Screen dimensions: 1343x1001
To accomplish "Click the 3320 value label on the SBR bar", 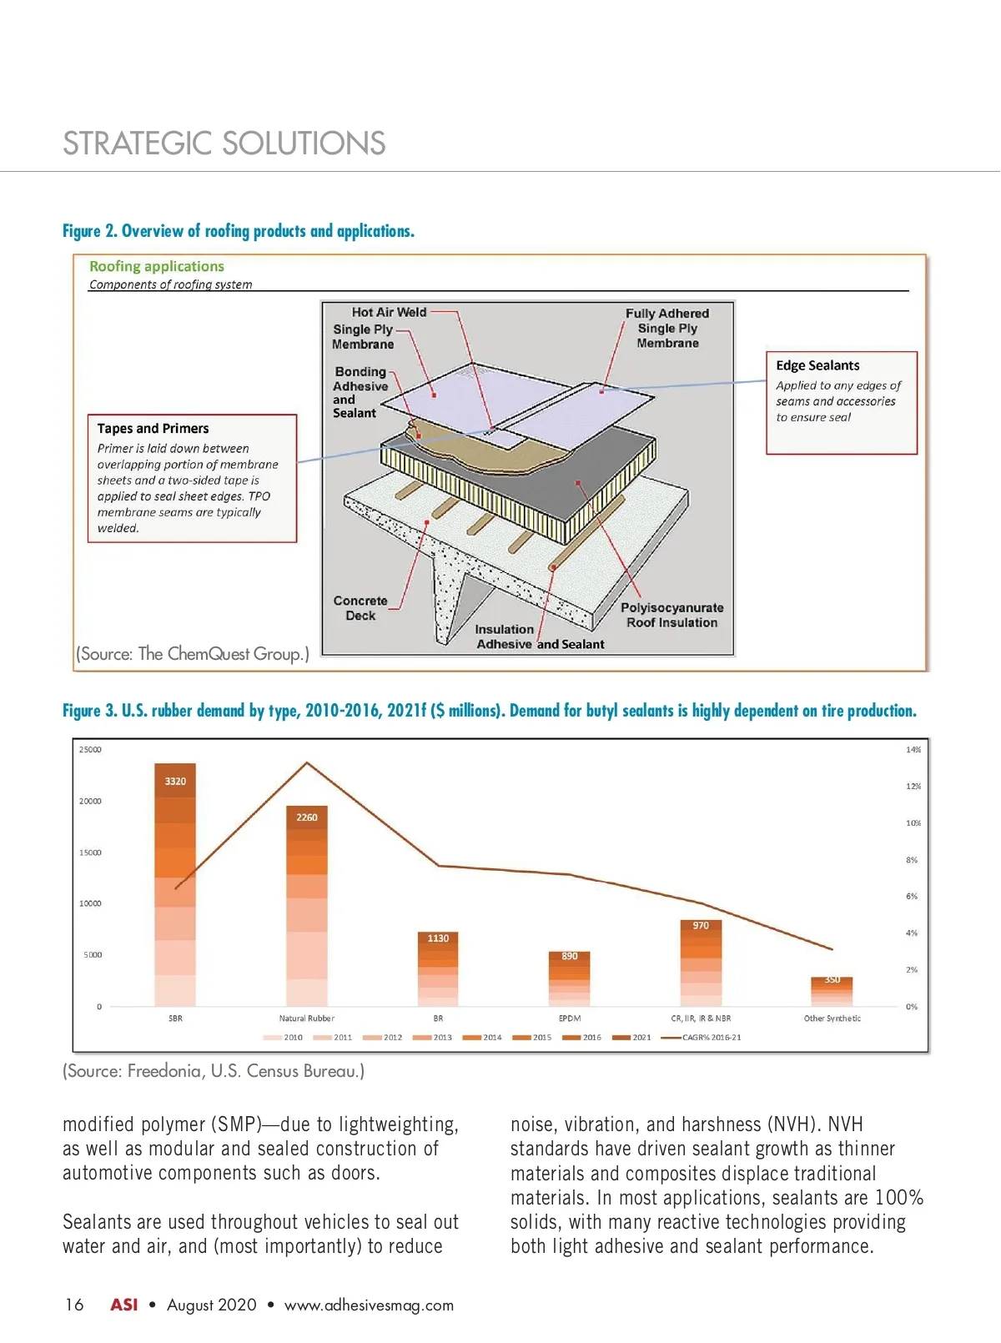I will (x=175, y=782).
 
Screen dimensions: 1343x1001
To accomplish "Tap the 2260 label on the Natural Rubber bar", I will (x=307, y=817).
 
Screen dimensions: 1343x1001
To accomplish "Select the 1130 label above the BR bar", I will (x=438, y=938).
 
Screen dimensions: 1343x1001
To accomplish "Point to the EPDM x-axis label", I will (x=570, y=1019).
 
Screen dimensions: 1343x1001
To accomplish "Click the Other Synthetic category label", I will (x=832, y=1019).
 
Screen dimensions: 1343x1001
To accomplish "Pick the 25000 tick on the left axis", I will (x=90, y=750).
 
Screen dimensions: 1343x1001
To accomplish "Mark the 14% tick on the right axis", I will (x=913, y=750).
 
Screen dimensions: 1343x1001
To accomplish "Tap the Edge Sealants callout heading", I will (x=817, y=365).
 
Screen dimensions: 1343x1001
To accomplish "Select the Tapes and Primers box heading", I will (x=153, y=429).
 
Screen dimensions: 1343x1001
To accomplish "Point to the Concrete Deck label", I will (x=360, y=608).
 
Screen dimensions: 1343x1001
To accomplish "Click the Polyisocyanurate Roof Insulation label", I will (x=672, y=615).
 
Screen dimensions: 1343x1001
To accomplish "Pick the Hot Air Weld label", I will (x=389, y=312).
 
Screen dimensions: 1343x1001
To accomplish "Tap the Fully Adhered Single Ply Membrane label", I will (x=667, y=328).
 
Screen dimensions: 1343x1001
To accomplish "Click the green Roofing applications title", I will (x=157, y=266).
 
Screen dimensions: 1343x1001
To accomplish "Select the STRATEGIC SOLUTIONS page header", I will (x=224, y=143).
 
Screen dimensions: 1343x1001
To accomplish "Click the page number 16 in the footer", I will (x=74, y=1305).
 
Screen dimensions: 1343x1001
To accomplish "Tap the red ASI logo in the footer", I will (x=124, y=1305).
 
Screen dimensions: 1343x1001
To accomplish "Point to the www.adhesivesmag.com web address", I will (x=369, y=1305).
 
